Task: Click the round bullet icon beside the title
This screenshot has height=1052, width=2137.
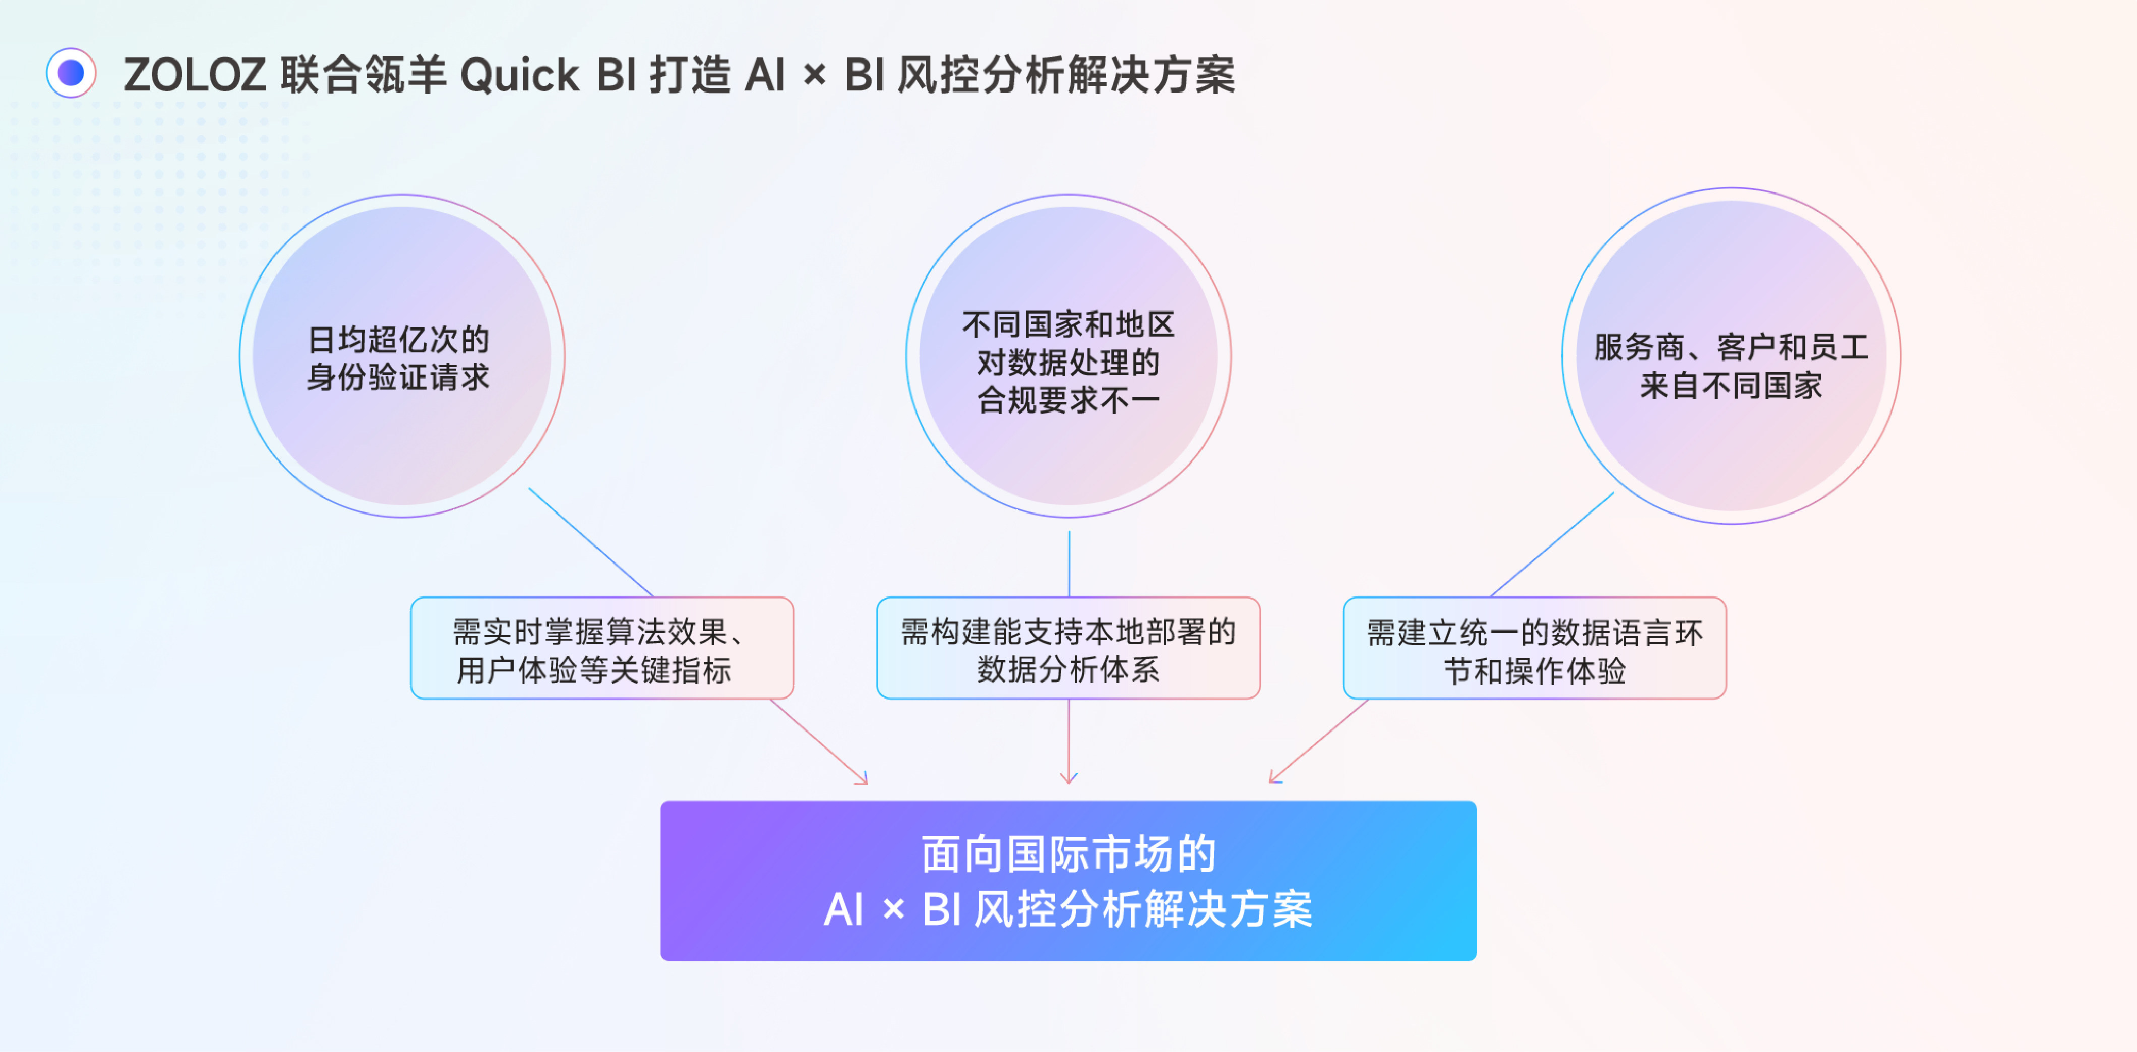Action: (71, 73)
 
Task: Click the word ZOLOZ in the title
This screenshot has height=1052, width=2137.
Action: (195, 75)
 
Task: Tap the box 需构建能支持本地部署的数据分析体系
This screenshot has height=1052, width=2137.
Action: (1069, 648)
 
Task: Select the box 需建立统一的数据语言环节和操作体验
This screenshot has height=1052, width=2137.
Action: (1535, 648)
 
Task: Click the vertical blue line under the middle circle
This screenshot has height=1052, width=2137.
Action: (1069, 564)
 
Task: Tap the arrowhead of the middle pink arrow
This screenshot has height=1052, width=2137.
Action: (1069, 780)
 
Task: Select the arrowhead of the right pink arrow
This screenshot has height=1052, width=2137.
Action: (1273, 779)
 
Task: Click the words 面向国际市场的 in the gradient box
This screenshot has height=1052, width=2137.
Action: (1069, 854)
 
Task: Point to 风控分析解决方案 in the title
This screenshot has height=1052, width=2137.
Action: (1067, 75)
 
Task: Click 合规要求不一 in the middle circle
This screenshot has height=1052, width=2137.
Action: (1069, 401)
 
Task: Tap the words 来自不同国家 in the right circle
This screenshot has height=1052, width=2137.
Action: (1731, 386)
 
